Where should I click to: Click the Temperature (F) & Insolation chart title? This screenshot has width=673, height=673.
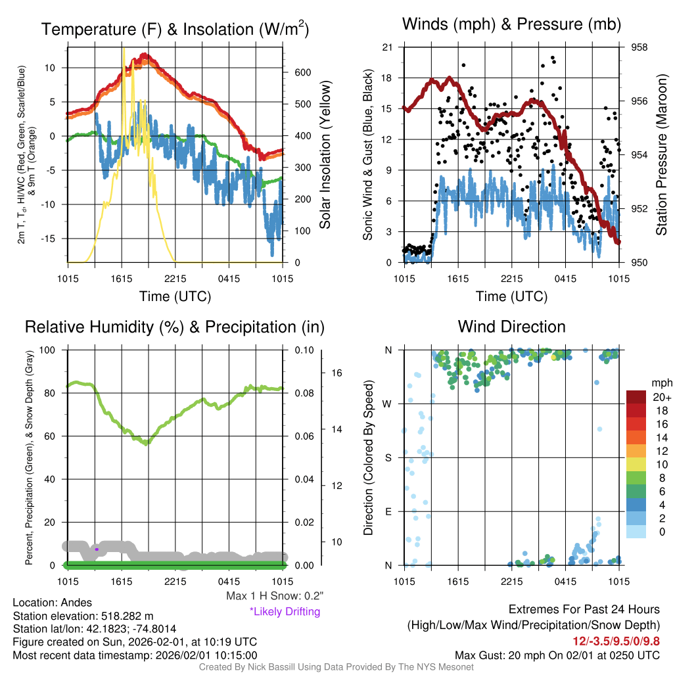175,30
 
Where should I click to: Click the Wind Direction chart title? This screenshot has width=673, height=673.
511,327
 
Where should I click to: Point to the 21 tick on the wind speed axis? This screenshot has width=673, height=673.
387,47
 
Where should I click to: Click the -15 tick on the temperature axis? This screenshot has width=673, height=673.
52,239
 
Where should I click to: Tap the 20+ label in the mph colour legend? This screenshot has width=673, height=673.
660,397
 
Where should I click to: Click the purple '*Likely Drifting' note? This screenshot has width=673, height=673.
285,612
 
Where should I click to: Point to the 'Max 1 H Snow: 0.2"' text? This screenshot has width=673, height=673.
274,596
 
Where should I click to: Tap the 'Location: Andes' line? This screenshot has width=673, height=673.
53,603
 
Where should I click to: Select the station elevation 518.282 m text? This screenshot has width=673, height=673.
83,616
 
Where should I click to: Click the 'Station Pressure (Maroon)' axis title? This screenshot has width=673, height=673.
661,154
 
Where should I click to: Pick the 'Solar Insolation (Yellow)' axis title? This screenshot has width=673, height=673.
325,154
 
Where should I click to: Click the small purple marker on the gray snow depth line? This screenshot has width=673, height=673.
97,549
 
